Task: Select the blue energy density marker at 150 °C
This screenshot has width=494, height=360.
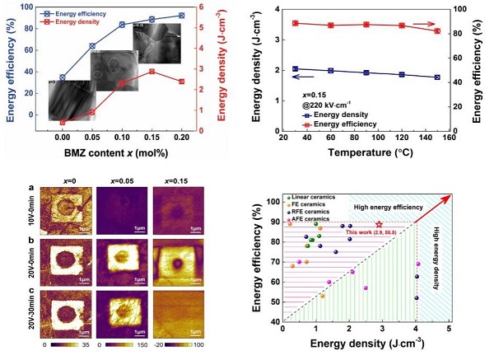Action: coord(436,77)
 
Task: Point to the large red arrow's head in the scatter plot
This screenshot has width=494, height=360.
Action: coord(451,198)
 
